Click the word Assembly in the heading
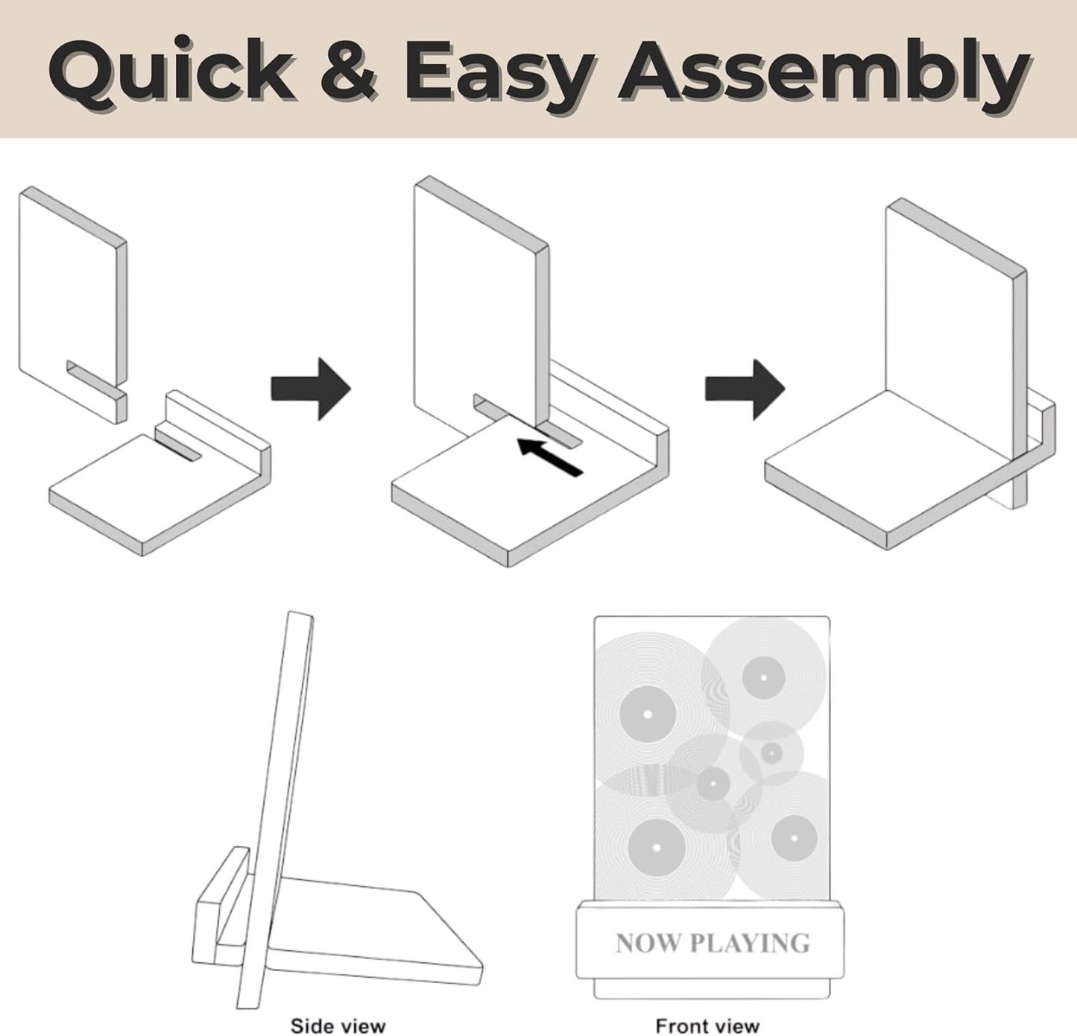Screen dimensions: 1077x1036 tap(824, 75)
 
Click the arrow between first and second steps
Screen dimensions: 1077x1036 tap(311, 389)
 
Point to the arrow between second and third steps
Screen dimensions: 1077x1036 tap(745, 389)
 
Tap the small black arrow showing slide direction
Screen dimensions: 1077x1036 tap(549, 456)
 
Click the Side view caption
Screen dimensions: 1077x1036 tap(338, 1025)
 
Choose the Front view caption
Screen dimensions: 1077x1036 tap(707, 1025)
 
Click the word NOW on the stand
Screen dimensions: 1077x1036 tap(648, 943)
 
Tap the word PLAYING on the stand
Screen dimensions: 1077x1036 tap(750, 943)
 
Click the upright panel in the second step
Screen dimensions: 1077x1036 tap(481, 310)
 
